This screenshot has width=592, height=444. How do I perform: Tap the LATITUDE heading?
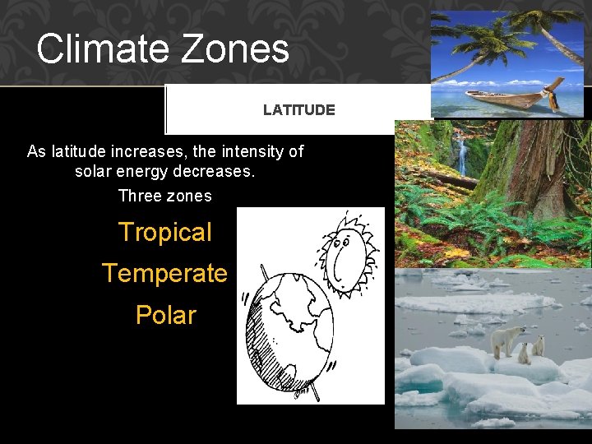point(298,109)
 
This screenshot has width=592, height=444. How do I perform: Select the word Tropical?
point(164,232)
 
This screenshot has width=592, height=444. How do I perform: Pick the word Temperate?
point(164,273)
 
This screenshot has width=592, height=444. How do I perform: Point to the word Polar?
point(165,315)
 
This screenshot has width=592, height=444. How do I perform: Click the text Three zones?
point(164,196)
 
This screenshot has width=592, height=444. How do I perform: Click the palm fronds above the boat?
point(473,33)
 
